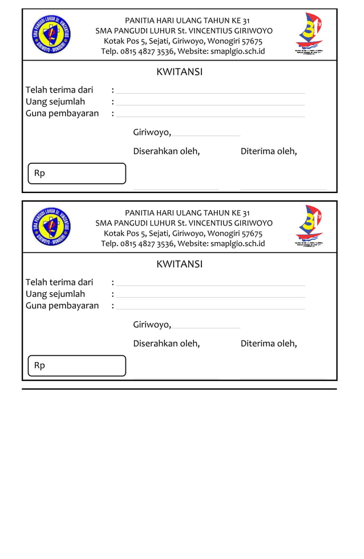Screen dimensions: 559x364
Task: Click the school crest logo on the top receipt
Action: coord(51,34)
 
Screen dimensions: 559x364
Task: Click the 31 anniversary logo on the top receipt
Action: coord(309,34)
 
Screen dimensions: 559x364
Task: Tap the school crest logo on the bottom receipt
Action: coord(51,226)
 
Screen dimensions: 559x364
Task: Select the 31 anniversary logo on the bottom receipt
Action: coord(309,226)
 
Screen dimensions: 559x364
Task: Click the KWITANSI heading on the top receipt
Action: coord(179,72)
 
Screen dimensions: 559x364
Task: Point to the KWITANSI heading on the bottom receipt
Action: coord(179,264)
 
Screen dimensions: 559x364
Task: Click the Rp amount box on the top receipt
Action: coord(76,174)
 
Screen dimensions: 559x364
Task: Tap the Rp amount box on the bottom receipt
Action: coord(76,366)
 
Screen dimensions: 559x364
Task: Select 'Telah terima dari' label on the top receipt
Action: coord(59,90)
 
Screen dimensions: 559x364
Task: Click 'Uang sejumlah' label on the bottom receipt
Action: coord(55,294)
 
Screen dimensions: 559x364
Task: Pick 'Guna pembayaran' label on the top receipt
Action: coord(62,113)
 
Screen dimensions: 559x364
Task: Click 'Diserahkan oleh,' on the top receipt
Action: coord(166,151)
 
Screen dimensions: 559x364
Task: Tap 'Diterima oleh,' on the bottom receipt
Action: coord(269,344)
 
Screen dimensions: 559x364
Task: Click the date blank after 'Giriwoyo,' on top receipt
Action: coord(206,134)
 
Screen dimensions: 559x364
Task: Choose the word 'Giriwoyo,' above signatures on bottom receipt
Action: coord(152,325)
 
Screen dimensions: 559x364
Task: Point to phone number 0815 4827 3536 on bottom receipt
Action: coord(147,244)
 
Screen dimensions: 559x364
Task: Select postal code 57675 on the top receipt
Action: coord(252,41)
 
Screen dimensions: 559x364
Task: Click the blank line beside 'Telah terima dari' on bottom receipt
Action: coord(211,284)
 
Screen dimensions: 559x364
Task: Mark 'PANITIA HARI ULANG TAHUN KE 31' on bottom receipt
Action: coord(187,213)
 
